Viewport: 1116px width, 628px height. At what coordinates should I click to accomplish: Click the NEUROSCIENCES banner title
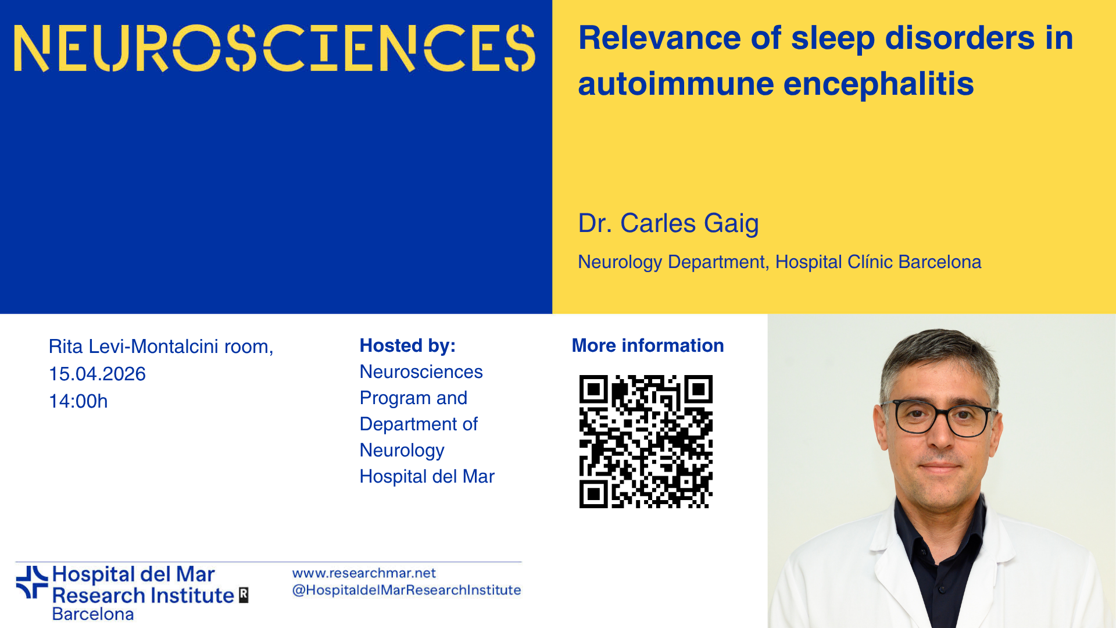point(274,48)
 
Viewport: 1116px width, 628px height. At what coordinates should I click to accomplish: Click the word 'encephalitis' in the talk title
point(878,84)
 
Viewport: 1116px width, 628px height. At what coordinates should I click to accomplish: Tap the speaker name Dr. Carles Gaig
point(668,223)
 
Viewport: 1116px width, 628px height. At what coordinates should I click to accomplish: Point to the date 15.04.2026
point(97,374)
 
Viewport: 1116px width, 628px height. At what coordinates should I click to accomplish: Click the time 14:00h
point(78,401)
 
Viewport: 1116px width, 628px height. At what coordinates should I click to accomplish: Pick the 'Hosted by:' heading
point(407,345)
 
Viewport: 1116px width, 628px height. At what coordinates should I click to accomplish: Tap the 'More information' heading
point(648,345)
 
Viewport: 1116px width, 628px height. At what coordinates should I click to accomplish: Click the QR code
point(646,441)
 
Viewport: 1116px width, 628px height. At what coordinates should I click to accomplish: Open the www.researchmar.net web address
point(364,573)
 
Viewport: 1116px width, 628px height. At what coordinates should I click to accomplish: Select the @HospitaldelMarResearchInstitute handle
point(406,590)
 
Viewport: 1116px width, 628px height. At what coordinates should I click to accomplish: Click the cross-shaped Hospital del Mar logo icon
point(32,582)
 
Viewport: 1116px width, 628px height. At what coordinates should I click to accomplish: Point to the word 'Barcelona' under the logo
point(93,614)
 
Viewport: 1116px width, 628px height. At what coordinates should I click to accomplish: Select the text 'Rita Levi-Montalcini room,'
point(161,347)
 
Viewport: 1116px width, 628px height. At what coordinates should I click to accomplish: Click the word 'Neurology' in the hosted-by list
point(402,451)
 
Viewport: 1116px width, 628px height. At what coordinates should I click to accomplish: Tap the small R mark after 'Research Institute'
point(244,595)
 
